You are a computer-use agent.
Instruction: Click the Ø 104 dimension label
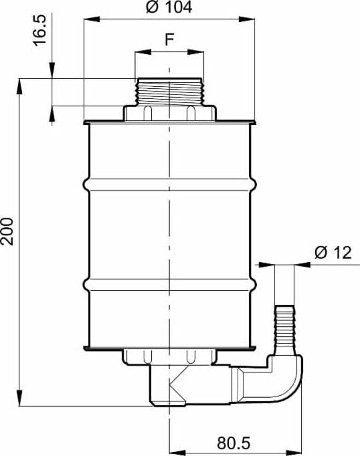point(169,7)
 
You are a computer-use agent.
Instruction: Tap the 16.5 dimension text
point(40,30)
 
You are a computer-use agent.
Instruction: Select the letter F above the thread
point(169,39)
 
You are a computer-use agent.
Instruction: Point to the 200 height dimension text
point(7,231)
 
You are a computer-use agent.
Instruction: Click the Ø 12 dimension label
point(333,253)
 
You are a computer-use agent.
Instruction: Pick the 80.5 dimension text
point(234,443)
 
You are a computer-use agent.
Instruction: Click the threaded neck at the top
point(169,92)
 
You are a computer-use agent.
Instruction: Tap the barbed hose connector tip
point(284,330)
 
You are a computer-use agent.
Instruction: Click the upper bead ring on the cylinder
point(170,185)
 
